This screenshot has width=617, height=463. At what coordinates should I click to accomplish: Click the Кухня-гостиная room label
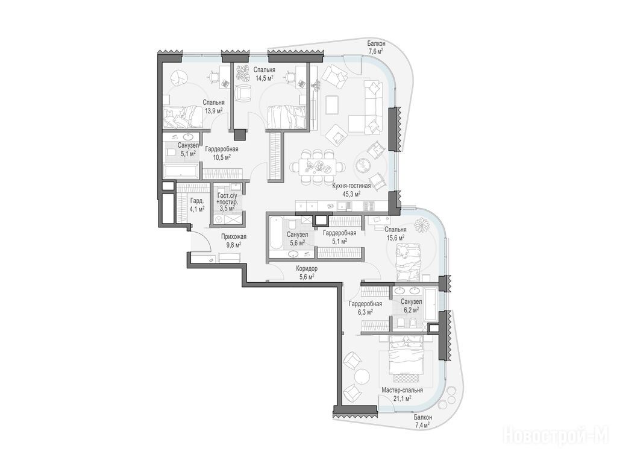pyautogui.click(x=352, y=186)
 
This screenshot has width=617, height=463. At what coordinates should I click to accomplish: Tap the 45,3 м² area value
pyautogui.click(x=352, y=194)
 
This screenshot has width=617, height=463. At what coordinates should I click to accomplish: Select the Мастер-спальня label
pyautogui.click(x=402, y=390)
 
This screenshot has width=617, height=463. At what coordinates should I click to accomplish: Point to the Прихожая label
pyautogui.click(x=234, y=236)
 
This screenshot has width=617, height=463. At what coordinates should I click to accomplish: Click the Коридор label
pyautogui.click(x=307, y=268)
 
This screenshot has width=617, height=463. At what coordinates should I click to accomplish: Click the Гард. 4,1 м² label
pyautogui.click(x=197, y=205)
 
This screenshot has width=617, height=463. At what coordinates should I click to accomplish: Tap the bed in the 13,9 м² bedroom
pyautogui.click(x=182, y=117)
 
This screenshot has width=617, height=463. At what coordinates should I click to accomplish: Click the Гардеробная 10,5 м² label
pyautogui.click(x=222, y=153)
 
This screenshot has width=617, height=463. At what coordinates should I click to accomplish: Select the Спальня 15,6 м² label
pyautogui.click(x=395, y=233)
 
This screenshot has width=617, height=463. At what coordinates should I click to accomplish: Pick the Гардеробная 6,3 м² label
pyautogui.click(x=366, y=307)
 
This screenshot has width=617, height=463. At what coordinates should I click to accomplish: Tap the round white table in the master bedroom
pyautogui.click(x=362, y=376)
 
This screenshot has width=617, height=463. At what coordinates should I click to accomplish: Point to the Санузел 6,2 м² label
pyautogui.click(x=411, y=306)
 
